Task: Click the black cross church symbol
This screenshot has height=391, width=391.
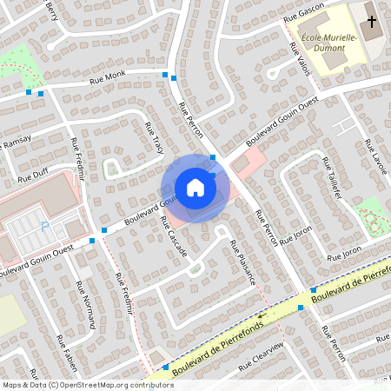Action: [371, 20]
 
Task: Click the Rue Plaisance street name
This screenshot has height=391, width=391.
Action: [242, 262]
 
